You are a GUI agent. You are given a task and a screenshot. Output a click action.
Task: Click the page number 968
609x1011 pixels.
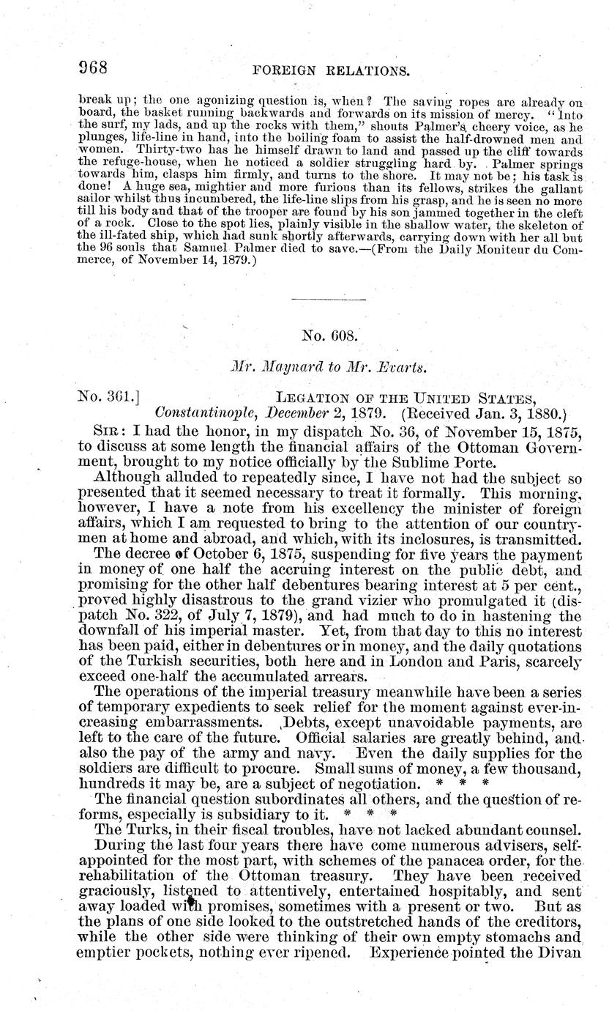pos(93,68)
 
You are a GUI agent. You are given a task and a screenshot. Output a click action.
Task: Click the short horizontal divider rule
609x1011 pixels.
pos(329,298)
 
